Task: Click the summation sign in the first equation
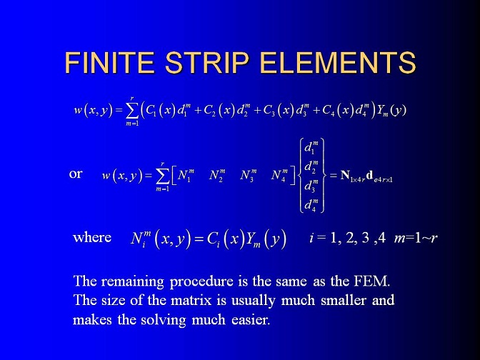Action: coord(132,111)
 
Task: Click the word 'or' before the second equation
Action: coord(76,174)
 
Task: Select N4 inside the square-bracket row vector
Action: coord(279,176)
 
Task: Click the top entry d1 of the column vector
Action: coord(311,147)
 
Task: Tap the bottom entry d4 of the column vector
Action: coord(311,205)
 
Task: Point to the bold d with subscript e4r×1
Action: coord(379,176)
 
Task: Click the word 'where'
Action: coord(92,238)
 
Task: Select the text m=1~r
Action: coord(416,238)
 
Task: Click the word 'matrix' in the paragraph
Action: coord(191,300)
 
